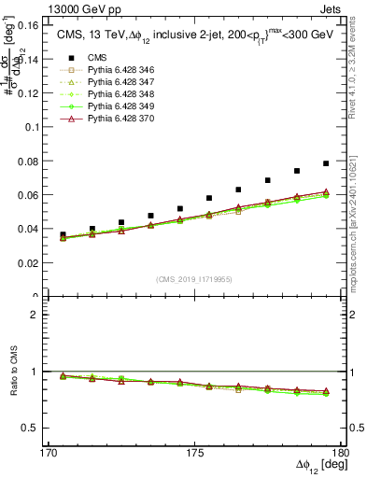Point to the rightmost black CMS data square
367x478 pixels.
pos(326,163)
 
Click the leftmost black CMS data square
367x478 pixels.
pos(64,235)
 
